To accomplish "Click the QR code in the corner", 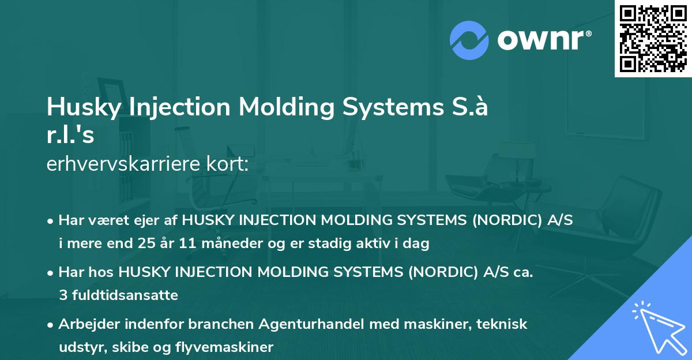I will coord(653,39).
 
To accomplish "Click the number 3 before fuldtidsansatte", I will coord(62,295).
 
